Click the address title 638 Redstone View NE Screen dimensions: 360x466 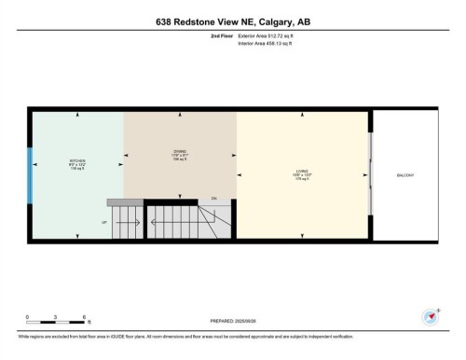coord(232,20)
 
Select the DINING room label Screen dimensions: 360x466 coord(179,154)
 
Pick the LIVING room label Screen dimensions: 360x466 coord(302,172)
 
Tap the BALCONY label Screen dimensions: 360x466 coord(405,176)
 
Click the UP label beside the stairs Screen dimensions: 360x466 coord(105,222)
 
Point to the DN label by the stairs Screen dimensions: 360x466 coord(213,199)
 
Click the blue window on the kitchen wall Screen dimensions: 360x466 coord(29,174)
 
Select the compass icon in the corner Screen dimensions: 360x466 coord(431,316)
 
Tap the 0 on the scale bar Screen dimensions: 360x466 coord(28,317)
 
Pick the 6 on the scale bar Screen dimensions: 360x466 coord(86,317)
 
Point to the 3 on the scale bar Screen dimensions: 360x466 coord(57,317)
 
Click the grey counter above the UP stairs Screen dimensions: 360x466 coord(125,201)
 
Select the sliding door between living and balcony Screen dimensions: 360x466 coord(371,175)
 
